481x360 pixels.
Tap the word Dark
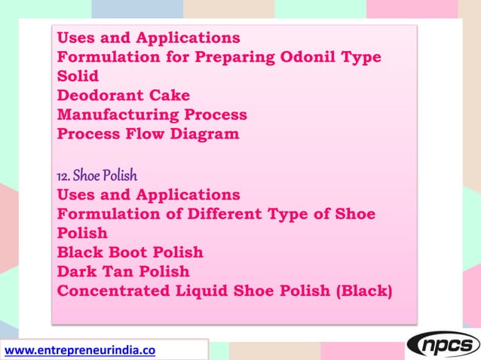pyautogui.click(x=80, y=271)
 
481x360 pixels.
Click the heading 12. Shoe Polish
pyautogui.click(x=97, y=175)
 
